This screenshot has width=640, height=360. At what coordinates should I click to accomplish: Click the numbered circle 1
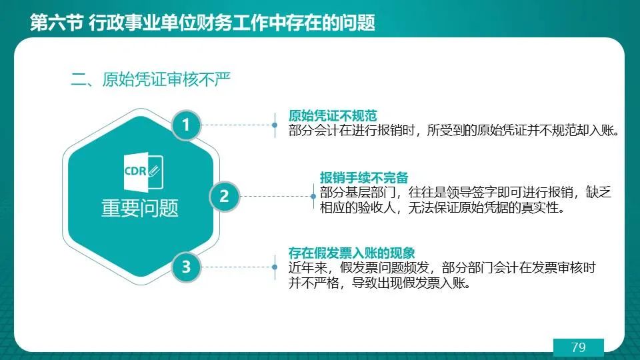click(186, 125)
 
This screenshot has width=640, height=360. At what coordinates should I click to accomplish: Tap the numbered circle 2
click(224, 196)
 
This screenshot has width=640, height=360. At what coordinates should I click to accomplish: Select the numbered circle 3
click(186, 267)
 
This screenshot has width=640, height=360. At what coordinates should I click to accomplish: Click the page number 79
click(579, 347)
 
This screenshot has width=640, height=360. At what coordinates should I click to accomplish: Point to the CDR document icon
click(143, 172)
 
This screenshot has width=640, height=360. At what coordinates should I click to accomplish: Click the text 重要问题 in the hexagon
click(140, 208)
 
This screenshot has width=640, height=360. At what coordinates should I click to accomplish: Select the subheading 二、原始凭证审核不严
click(151, 79)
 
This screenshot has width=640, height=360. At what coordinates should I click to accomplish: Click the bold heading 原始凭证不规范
click(333, 115)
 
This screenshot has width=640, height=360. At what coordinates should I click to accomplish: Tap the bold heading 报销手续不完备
click(364, 177)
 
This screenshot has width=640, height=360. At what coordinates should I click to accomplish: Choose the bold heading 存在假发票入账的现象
click(352, 253)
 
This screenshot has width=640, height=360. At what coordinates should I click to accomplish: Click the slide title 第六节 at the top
click(57, 22)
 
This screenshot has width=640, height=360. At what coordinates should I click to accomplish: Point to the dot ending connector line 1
click(275, 125)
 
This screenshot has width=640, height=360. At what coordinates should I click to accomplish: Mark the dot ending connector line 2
click(313, 196)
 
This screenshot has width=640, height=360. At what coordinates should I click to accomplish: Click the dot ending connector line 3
click(275, 267)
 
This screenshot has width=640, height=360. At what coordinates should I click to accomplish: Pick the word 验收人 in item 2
click(377, 208)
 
